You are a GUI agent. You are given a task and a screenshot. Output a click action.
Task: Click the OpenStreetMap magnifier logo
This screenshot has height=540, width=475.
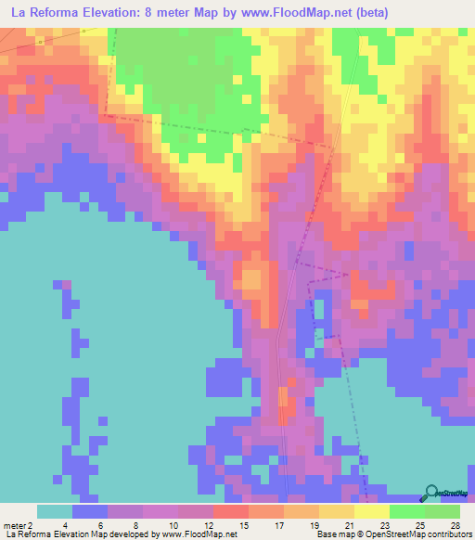tap(430, 493)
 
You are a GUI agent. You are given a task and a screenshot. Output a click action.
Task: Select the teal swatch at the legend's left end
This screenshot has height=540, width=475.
tap(55, 511)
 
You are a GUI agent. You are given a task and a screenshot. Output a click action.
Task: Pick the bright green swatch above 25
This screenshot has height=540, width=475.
tap(406, 511)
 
